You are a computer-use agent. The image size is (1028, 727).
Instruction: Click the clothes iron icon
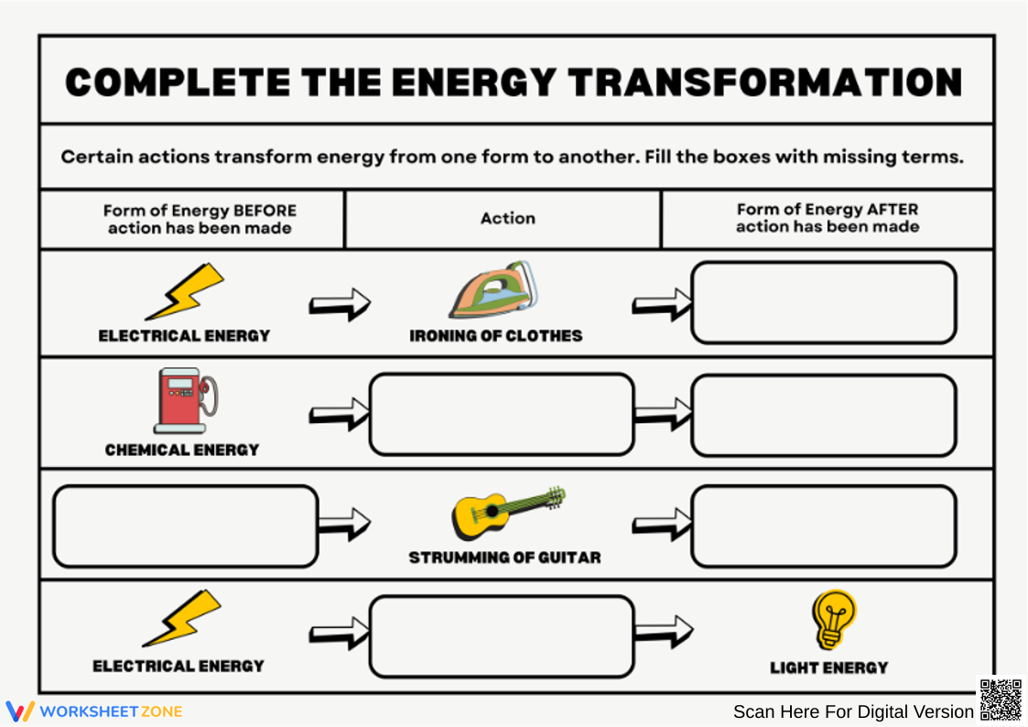492,290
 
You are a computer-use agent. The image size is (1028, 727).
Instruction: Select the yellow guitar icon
506,511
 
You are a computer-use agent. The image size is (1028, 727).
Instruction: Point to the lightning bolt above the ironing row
186,291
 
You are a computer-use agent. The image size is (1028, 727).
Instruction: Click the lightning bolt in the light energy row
183,618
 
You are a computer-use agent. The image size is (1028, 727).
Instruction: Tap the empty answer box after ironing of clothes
823,302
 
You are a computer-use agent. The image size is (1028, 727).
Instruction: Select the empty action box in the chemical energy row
502,414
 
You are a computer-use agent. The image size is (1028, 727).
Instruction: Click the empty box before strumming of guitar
185,526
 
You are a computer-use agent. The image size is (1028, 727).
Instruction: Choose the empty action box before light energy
502,636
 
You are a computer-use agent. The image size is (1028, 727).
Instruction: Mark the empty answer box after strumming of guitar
823,526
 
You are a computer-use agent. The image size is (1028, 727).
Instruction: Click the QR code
1001,700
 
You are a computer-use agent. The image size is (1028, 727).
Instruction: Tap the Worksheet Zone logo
94,711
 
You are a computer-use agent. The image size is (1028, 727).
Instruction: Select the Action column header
507,219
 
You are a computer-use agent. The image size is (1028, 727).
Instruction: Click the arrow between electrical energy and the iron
339,303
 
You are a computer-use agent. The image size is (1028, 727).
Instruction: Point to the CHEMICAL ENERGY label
182,450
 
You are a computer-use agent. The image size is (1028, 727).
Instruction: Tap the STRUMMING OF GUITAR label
504,557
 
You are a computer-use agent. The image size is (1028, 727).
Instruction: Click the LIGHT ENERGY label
828,667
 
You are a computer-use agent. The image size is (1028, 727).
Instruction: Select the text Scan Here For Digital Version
853,711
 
